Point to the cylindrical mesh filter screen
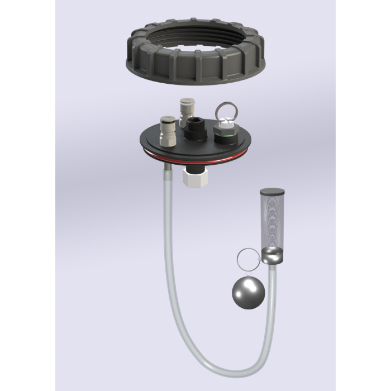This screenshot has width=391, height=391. (x=270, y=221)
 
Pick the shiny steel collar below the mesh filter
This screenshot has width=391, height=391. (x=271, y=256)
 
